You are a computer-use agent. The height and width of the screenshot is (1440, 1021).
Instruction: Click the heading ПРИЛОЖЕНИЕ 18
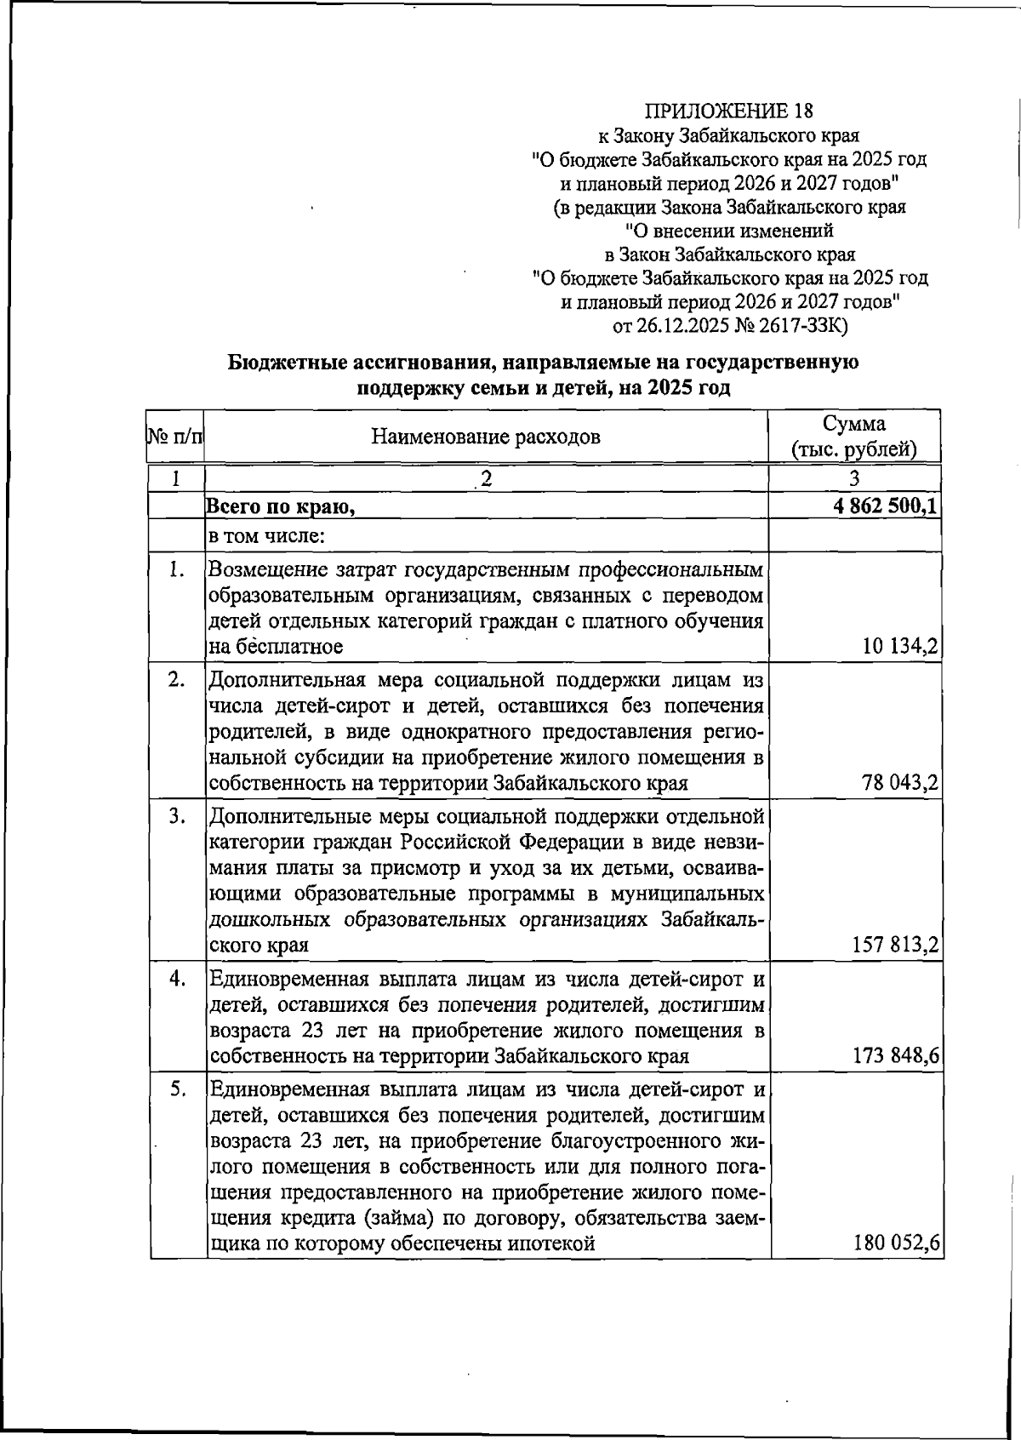(x=729, y=111)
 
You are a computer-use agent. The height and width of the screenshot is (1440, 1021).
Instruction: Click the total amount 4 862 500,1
(x=886, y=507)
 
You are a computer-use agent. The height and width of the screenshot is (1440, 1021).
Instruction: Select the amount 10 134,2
(x=900, y=647)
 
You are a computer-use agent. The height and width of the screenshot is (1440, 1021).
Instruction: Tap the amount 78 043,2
(x=900, y=783)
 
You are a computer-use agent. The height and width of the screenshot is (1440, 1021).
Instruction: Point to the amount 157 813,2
(x=895, y=946)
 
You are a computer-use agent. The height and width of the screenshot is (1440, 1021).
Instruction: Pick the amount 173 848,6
(x=895, y=1057)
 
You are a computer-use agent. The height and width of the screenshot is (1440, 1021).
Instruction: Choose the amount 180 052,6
(x=896, y=1244)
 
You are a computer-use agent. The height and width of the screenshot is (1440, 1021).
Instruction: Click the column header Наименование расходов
(x=486, y=437)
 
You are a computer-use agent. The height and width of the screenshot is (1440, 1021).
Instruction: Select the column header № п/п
(x=175, y=437)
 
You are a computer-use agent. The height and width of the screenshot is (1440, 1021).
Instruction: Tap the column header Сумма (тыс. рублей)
(x=853, y=437)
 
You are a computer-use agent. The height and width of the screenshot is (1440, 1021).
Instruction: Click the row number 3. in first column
(x=176, y=817)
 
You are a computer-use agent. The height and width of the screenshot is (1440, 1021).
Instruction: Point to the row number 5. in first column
(x=176, y=1089)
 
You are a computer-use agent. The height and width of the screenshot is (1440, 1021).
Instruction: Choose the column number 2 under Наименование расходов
(x=486, y=478)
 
